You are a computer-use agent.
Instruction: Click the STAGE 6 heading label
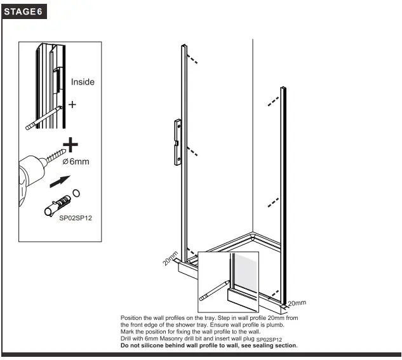pyautogui.click(x=24, y=13)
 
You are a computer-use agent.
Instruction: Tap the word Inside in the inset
pyautogui.click(x=83, y=82)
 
